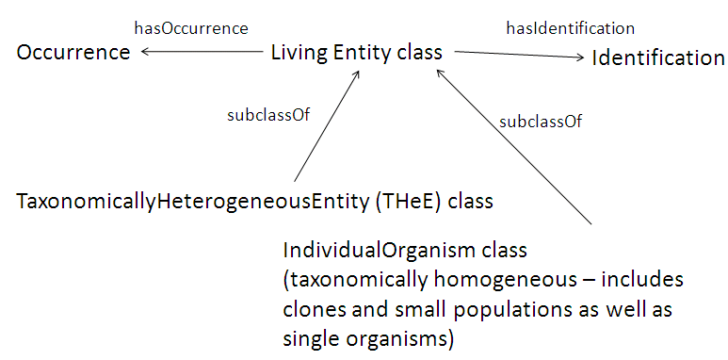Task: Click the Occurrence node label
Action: click(x=73, y=53)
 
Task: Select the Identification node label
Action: click(x=658, y=58)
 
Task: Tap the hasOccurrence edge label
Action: click(x=191, y=28)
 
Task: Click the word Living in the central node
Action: click(x=299, y=54)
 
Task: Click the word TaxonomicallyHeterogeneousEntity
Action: click(x=170, y=202)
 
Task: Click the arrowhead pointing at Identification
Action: click(x=579, y=58)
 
